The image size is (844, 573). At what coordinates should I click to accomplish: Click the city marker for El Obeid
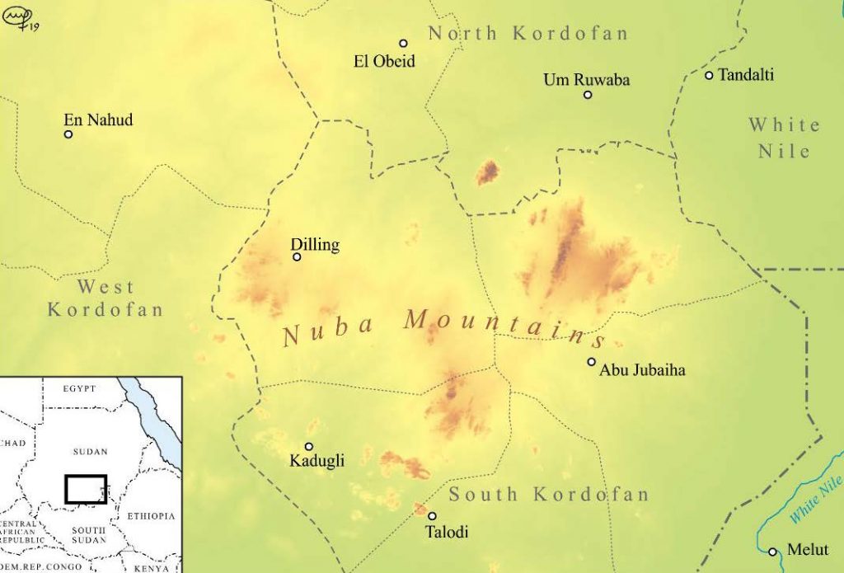[x=403, y=43]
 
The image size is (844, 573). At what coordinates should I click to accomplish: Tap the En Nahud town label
[x=98, y=120]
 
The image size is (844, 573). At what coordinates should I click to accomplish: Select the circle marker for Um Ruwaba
[x=588, y=95]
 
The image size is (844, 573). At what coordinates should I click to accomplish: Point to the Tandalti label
[x=746, y=75]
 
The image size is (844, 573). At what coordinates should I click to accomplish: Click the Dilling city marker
[x=297, y=257]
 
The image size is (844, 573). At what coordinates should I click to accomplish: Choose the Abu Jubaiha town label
[x=642, y=370]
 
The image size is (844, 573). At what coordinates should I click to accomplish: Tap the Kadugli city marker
[x=309, y=447]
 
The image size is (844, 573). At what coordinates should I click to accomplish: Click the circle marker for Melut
[x=772, y=552]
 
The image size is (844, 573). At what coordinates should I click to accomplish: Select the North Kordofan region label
[x=528, y=34]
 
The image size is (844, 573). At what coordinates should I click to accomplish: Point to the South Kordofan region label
[x=549, y=495]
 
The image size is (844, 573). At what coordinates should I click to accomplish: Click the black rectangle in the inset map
[x=86, y=489]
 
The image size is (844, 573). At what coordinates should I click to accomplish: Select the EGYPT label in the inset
[x=79, y=388]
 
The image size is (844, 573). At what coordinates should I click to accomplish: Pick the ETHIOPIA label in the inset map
[x=151, y=516]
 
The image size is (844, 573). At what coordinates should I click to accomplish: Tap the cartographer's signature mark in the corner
[x=21, y=20]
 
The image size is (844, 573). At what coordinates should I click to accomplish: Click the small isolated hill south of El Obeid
[x=487, y=172]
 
